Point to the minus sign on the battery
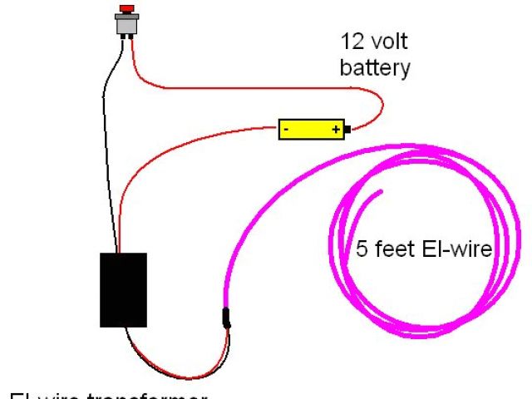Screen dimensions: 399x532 point(284,130)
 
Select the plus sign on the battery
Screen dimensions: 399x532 point(336,130)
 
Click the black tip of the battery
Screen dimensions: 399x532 point(349,130)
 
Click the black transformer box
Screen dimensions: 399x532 point(123,289)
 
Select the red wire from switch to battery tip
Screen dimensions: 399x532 point(249,87)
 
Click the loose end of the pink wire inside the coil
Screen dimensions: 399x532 point(381,194)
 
